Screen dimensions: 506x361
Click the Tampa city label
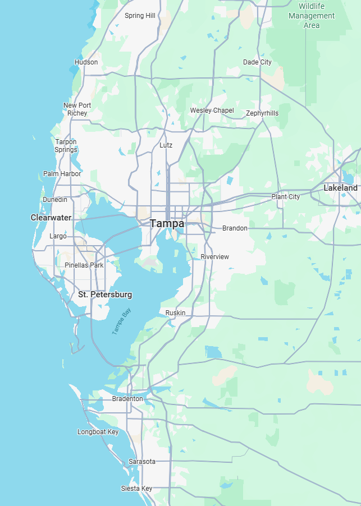pyautogui.click(x=167, y=223)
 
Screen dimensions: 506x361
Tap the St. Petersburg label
pyautogui.click(x=105, y=295)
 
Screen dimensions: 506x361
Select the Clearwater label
pyautogui.click(x=51, y=218)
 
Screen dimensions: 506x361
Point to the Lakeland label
pyautogui.click(x=340, y=188)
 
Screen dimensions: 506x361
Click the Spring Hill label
pyautogui.click(x=140, y=16)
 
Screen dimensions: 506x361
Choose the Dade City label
pyautogui.click(x=257, y=62)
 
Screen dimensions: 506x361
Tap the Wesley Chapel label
pyautogui.click(x=212, y=111)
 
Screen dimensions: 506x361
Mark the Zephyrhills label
pyautogui.click(x=262, y=113)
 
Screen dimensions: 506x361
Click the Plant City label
pyautogui.click(x=286, y=197)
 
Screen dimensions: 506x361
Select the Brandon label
pyautogui.click(x=235, y=228)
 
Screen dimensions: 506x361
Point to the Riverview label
pyautogui.click(x=215, y=257)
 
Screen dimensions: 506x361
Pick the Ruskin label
pyautogui.click(x=175, y=312)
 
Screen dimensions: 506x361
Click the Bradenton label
pyautogui.click(x=127, y=399)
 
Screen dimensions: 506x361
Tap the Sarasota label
pyautogui.click(x=142, y=462)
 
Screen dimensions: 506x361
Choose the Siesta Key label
pyautogui.click(x=136, y=489)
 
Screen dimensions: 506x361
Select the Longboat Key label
pyautogui.click(x=98, y=432)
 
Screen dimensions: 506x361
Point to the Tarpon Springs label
pyautogui.click(x=66, y=146)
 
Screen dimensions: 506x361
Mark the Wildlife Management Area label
pyautogui.click(x=312, y=16)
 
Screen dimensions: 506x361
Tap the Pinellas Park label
pyautogui.click(x=84, y=265)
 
